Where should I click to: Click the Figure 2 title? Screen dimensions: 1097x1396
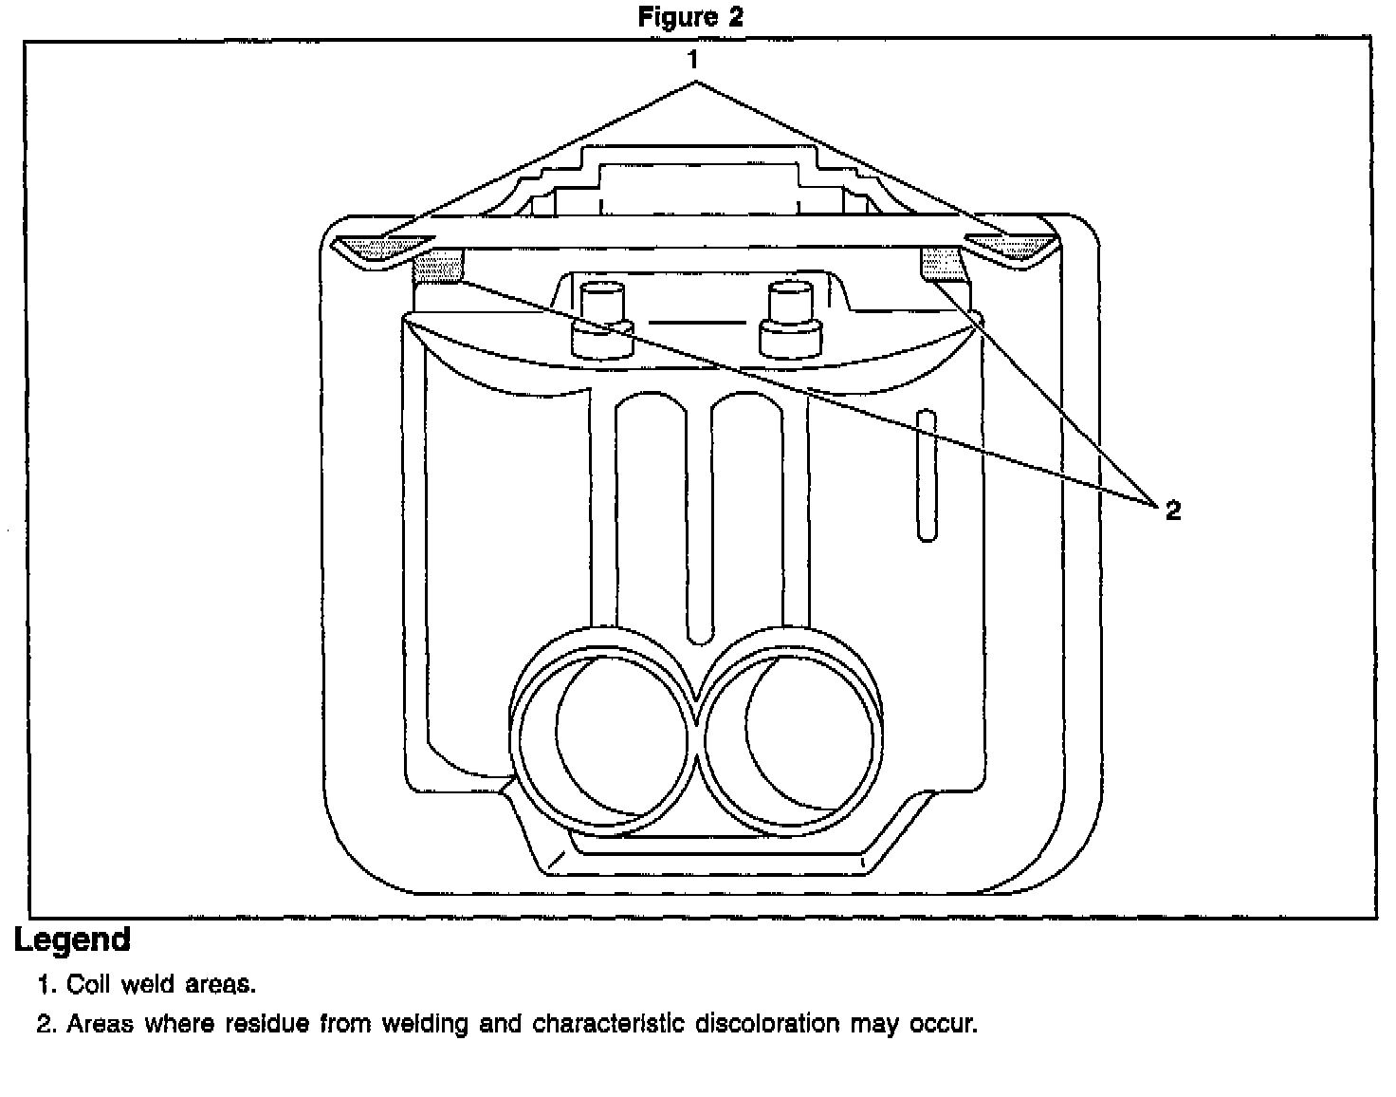690,17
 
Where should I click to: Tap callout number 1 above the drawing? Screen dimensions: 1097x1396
693,61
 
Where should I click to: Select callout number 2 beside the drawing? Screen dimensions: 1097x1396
1173,511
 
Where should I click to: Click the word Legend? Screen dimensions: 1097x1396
72,940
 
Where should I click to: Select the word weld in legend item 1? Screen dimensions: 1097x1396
145,985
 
